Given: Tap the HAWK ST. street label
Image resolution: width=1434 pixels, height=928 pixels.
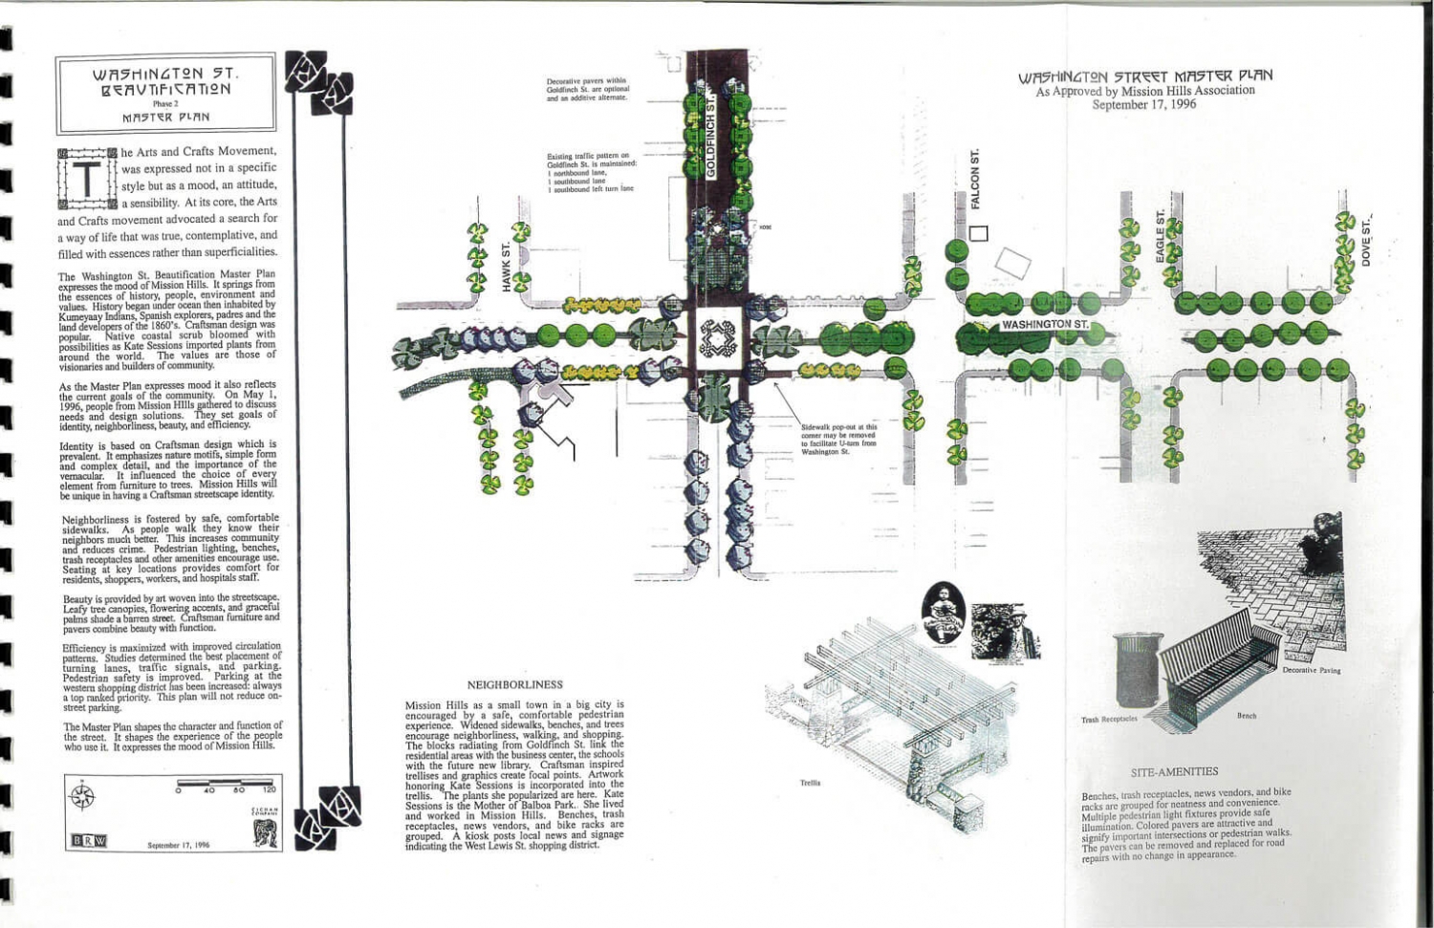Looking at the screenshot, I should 507,269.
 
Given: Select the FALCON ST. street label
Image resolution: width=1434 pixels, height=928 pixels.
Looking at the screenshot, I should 976,179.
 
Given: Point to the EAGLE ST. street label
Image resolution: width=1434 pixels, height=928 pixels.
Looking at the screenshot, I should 1160,235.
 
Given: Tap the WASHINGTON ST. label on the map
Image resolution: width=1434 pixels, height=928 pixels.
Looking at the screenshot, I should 1044,325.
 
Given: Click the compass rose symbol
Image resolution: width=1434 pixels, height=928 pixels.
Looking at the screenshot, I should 84,796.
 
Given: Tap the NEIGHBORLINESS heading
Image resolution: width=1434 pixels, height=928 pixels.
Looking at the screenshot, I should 514,684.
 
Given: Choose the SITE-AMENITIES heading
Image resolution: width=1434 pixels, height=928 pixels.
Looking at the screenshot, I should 1174,771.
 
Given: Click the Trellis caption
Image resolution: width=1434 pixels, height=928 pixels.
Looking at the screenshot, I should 810,783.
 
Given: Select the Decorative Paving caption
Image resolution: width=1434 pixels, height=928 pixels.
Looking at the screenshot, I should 1311,671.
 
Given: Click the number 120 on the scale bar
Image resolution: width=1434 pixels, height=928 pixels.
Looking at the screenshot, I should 270,790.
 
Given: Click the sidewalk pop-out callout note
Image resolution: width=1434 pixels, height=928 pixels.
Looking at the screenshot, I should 838,440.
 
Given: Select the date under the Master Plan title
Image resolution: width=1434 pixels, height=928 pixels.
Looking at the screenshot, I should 1143,104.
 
